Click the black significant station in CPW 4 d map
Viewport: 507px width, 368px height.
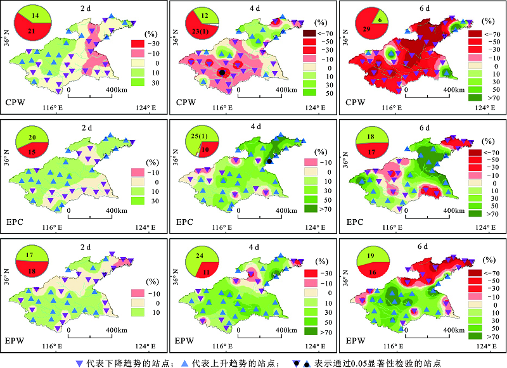(x=221, y=73)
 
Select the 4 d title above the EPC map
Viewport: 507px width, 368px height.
(x=255, y=127)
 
